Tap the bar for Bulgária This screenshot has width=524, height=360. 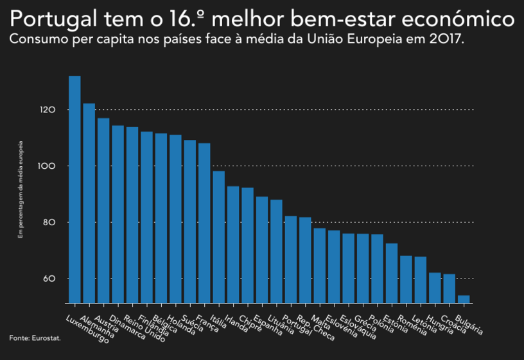click(x=464, y=299)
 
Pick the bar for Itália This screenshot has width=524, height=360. click(x=218, y=237)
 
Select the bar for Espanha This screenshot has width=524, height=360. click(x=262, y=250)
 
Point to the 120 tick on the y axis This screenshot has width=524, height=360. click(x=48, y=110)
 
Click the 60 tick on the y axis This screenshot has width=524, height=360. click(x=50, y=279)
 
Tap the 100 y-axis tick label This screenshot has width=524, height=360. click(x=48, y=166)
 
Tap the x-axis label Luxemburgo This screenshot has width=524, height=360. click(x=88, y=330)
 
